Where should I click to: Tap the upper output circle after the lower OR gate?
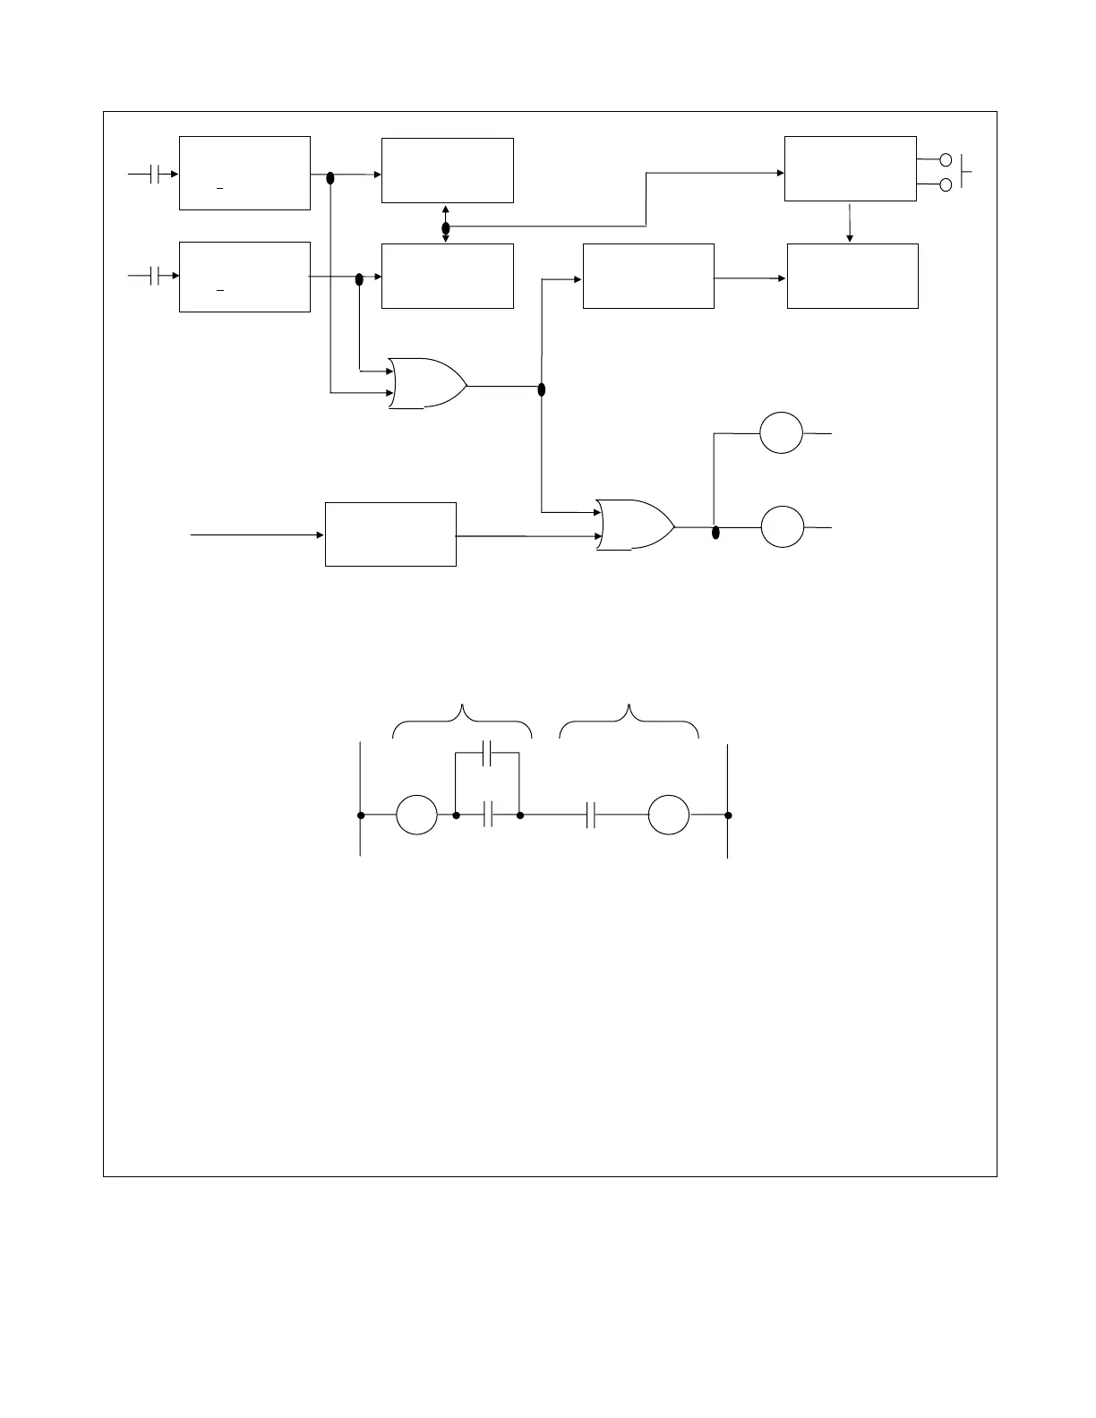point(782,432)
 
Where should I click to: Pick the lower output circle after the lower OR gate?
point(783,527)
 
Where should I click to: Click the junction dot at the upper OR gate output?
point(541,389)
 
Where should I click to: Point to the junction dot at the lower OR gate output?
point(715,534)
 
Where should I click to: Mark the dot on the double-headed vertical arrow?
point(446,228)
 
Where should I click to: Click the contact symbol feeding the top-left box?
point(155,174)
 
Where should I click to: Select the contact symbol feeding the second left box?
point(155,277)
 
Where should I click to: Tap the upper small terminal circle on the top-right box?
point(946,161)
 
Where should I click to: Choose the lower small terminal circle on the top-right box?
point(946,184)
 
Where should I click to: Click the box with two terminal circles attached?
point(850,169)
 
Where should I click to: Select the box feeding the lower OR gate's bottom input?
point(390,534)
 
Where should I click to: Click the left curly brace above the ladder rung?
point(462,721)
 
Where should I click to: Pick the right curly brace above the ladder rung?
point(629,721)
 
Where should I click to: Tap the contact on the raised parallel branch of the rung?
point(487,754)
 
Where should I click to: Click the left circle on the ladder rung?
point(417,816)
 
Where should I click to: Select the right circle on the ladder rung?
point(669,816)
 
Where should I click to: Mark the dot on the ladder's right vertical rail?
point(728,816)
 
